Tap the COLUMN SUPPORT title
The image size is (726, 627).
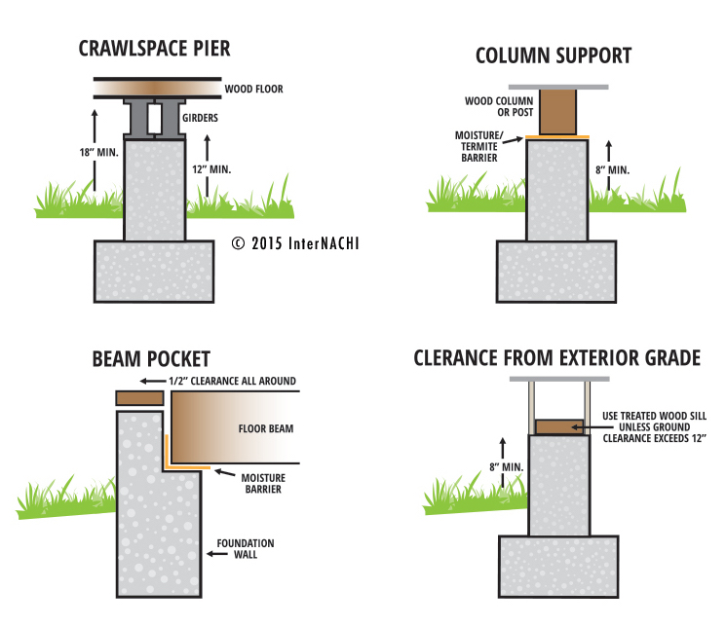pos(553,55)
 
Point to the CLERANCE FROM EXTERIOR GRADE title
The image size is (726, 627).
pos(556,358)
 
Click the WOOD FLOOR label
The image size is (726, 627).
pos(254,91)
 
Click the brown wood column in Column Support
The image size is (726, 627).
pos(557,112)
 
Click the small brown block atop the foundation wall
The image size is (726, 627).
pos(137,397)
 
